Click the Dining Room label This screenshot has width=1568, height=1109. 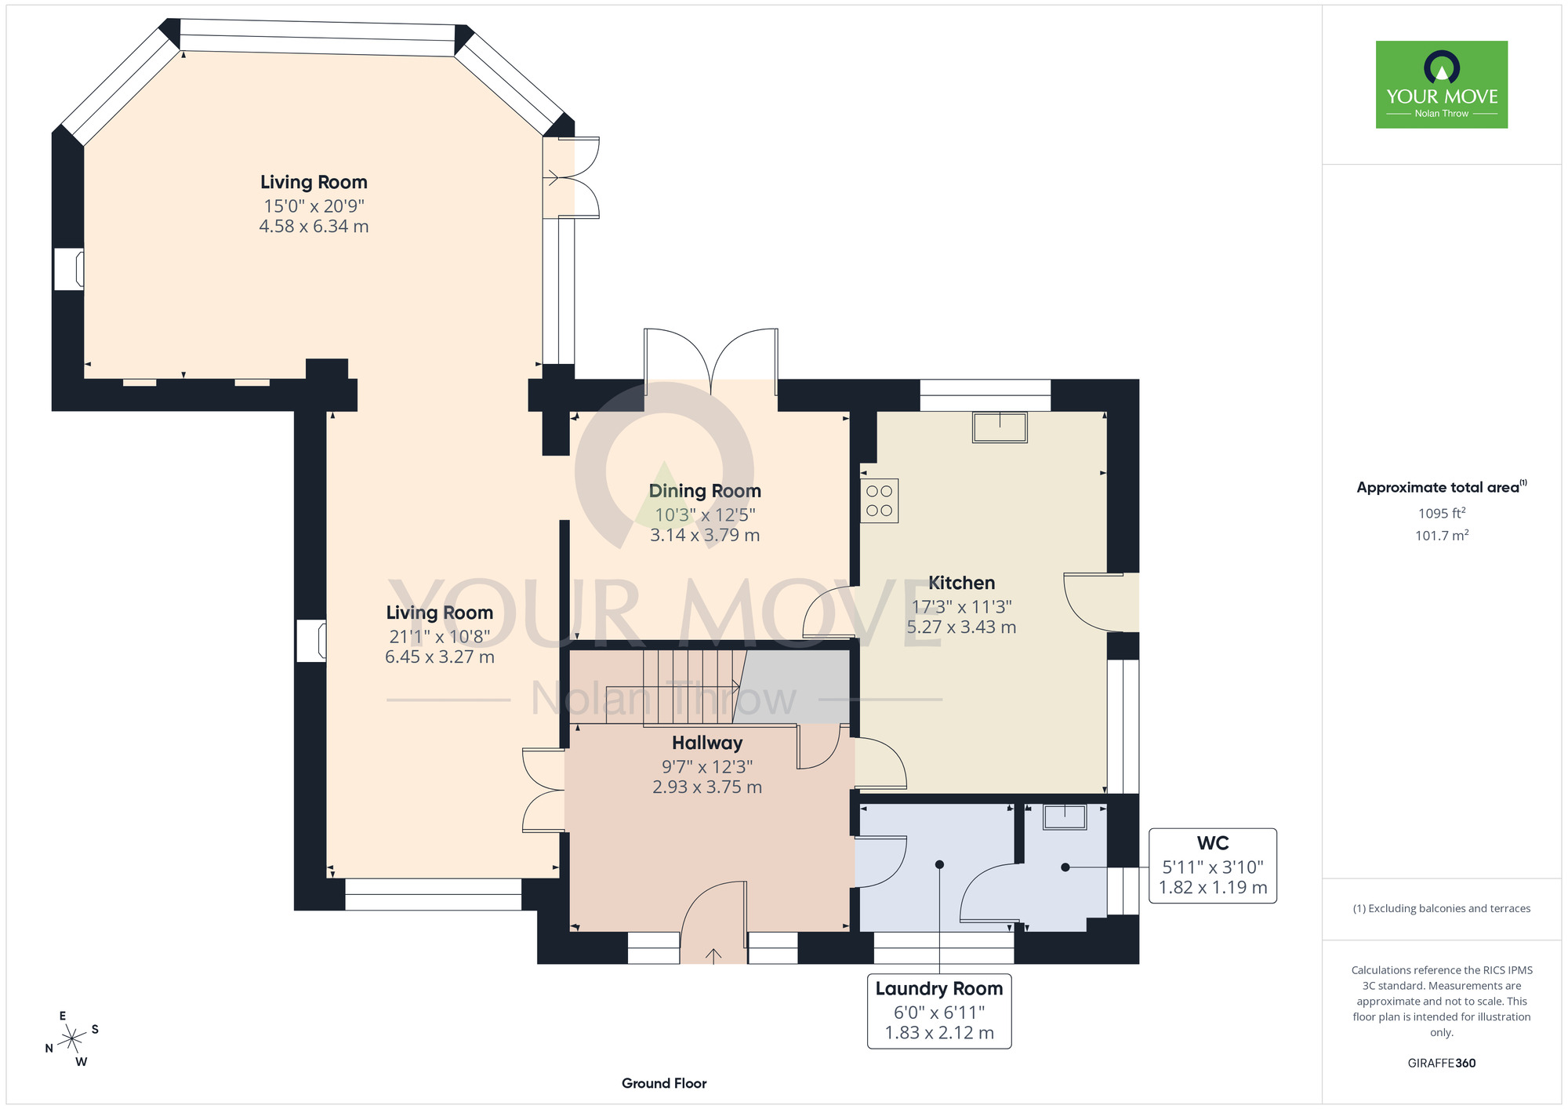705,491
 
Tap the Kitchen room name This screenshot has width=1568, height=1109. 961,583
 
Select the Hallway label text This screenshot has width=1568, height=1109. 707,743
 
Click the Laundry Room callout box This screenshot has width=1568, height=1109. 939,1011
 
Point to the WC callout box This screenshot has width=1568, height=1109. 1213,866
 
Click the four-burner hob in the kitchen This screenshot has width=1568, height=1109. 880,501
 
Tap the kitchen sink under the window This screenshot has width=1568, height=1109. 1000,427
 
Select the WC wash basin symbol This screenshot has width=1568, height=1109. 1065,816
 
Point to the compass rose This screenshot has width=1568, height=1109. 72,1039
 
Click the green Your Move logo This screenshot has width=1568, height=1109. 1442,85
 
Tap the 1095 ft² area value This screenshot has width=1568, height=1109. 1442,513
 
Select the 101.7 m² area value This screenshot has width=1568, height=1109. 1442,536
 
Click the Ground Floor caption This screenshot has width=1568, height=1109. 664,1083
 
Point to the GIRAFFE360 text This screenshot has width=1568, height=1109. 1442,1064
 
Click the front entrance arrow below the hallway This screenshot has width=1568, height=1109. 713,956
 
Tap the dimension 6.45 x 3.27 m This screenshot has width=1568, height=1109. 440,657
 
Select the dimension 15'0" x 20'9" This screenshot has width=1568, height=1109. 314,206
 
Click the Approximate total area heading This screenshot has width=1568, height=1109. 1442,487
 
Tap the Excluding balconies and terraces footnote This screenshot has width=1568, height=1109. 1442,908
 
